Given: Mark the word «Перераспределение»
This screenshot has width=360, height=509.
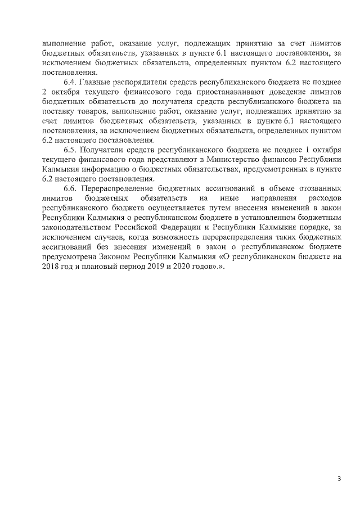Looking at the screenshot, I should pos(120,188).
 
